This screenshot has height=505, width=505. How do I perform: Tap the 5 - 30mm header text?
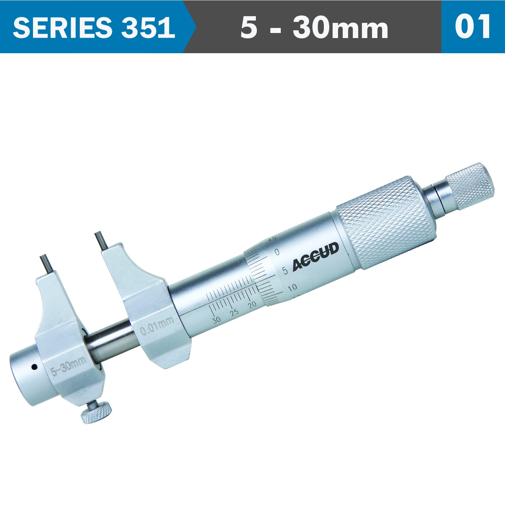314,28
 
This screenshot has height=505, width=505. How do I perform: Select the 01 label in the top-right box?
473,27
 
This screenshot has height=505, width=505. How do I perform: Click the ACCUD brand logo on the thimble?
315,257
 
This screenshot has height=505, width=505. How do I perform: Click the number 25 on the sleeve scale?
235,312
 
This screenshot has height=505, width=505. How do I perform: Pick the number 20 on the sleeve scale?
252,305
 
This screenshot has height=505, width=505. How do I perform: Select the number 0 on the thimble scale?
277,252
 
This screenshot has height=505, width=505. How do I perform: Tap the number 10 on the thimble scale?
292,287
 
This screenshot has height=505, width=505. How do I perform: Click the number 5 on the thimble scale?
285,270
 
